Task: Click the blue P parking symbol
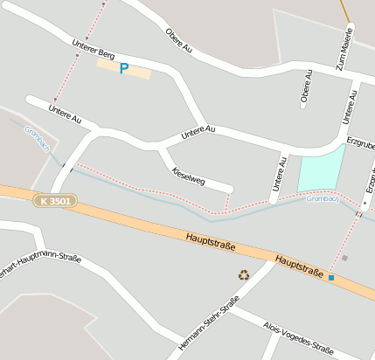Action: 123,68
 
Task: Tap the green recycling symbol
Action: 244,274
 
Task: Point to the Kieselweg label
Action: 189,175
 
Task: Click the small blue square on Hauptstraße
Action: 331,278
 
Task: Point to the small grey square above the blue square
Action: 344,258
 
